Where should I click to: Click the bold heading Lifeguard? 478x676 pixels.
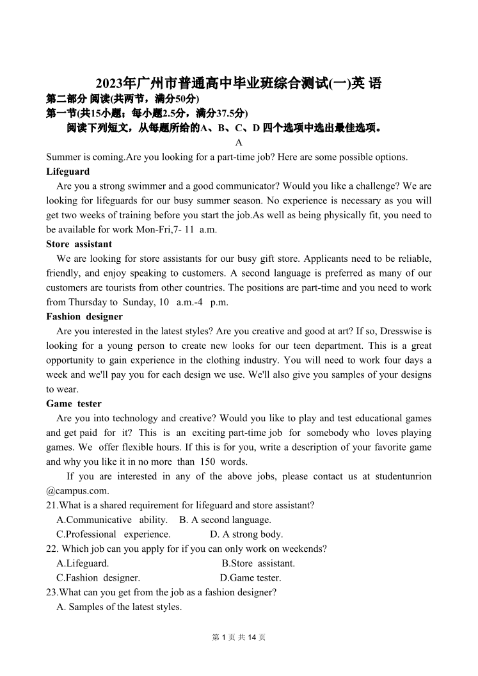(68, 172)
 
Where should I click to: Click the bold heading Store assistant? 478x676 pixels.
(79, 244)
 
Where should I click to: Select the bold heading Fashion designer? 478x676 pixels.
(84, 317)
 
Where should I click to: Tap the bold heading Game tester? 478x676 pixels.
(74, 404)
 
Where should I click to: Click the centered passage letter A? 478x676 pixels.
(239, 143)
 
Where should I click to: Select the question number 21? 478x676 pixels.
(51, 506)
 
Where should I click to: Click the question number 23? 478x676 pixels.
(51, 593)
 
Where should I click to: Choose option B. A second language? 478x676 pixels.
(225, 520)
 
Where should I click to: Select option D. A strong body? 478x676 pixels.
(246, 535)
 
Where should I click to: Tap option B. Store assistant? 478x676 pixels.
(259, 564)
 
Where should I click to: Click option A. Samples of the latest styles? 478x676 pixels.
(119, 607)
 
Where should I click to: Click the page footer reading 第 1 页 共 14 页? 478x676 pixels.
(239, 638)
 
